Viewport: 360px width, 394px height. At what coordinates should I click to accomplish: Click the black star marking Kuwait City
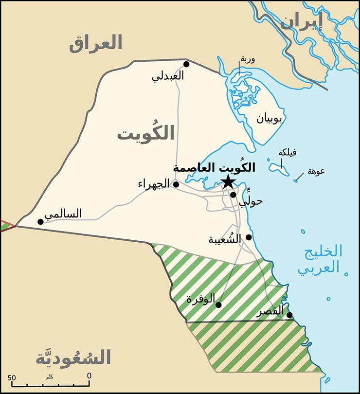[228, 182]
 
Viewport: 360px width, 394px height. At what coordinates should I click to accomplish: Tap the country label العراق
[95, 43]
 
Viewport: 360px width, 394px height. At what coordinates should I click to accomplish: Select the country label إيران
[302, 23]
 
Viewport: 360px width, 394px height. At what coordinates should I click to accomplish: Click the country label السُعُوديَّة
[73, 357]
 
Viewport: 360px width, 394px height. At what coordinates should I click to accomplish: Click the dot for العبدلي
[186, 64]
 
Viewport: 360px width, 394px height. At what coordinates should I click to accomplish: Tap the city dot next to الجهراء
[176, 184]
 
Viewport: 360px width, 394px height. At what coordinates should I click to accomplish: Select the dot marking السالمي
[40, 222]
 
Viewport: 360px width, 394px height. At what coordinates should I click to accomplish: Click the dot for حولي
[234, 195]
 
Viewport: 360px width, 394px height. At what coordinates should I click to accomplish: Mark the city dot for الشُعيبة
[249, 237]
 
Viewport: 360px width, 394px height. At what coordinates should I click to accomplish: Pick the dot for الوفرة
[218, 305]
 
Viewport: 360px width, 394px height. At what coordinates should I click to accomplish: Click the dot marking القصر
[289, 315]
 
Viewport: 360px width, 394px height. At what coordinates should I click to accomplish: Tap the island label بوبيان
[269, 118]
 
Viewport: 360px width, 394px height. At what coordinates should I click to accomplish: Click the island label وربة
[247, 59]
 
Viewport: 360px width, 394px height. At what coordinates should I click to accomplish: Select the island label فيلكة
[287, 152]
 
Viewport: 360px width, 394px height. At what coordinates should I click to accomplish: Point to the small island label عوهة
[316, 171]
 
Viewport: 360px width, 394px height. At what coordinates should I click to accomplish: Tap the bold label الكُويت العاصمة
[214, 168]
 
